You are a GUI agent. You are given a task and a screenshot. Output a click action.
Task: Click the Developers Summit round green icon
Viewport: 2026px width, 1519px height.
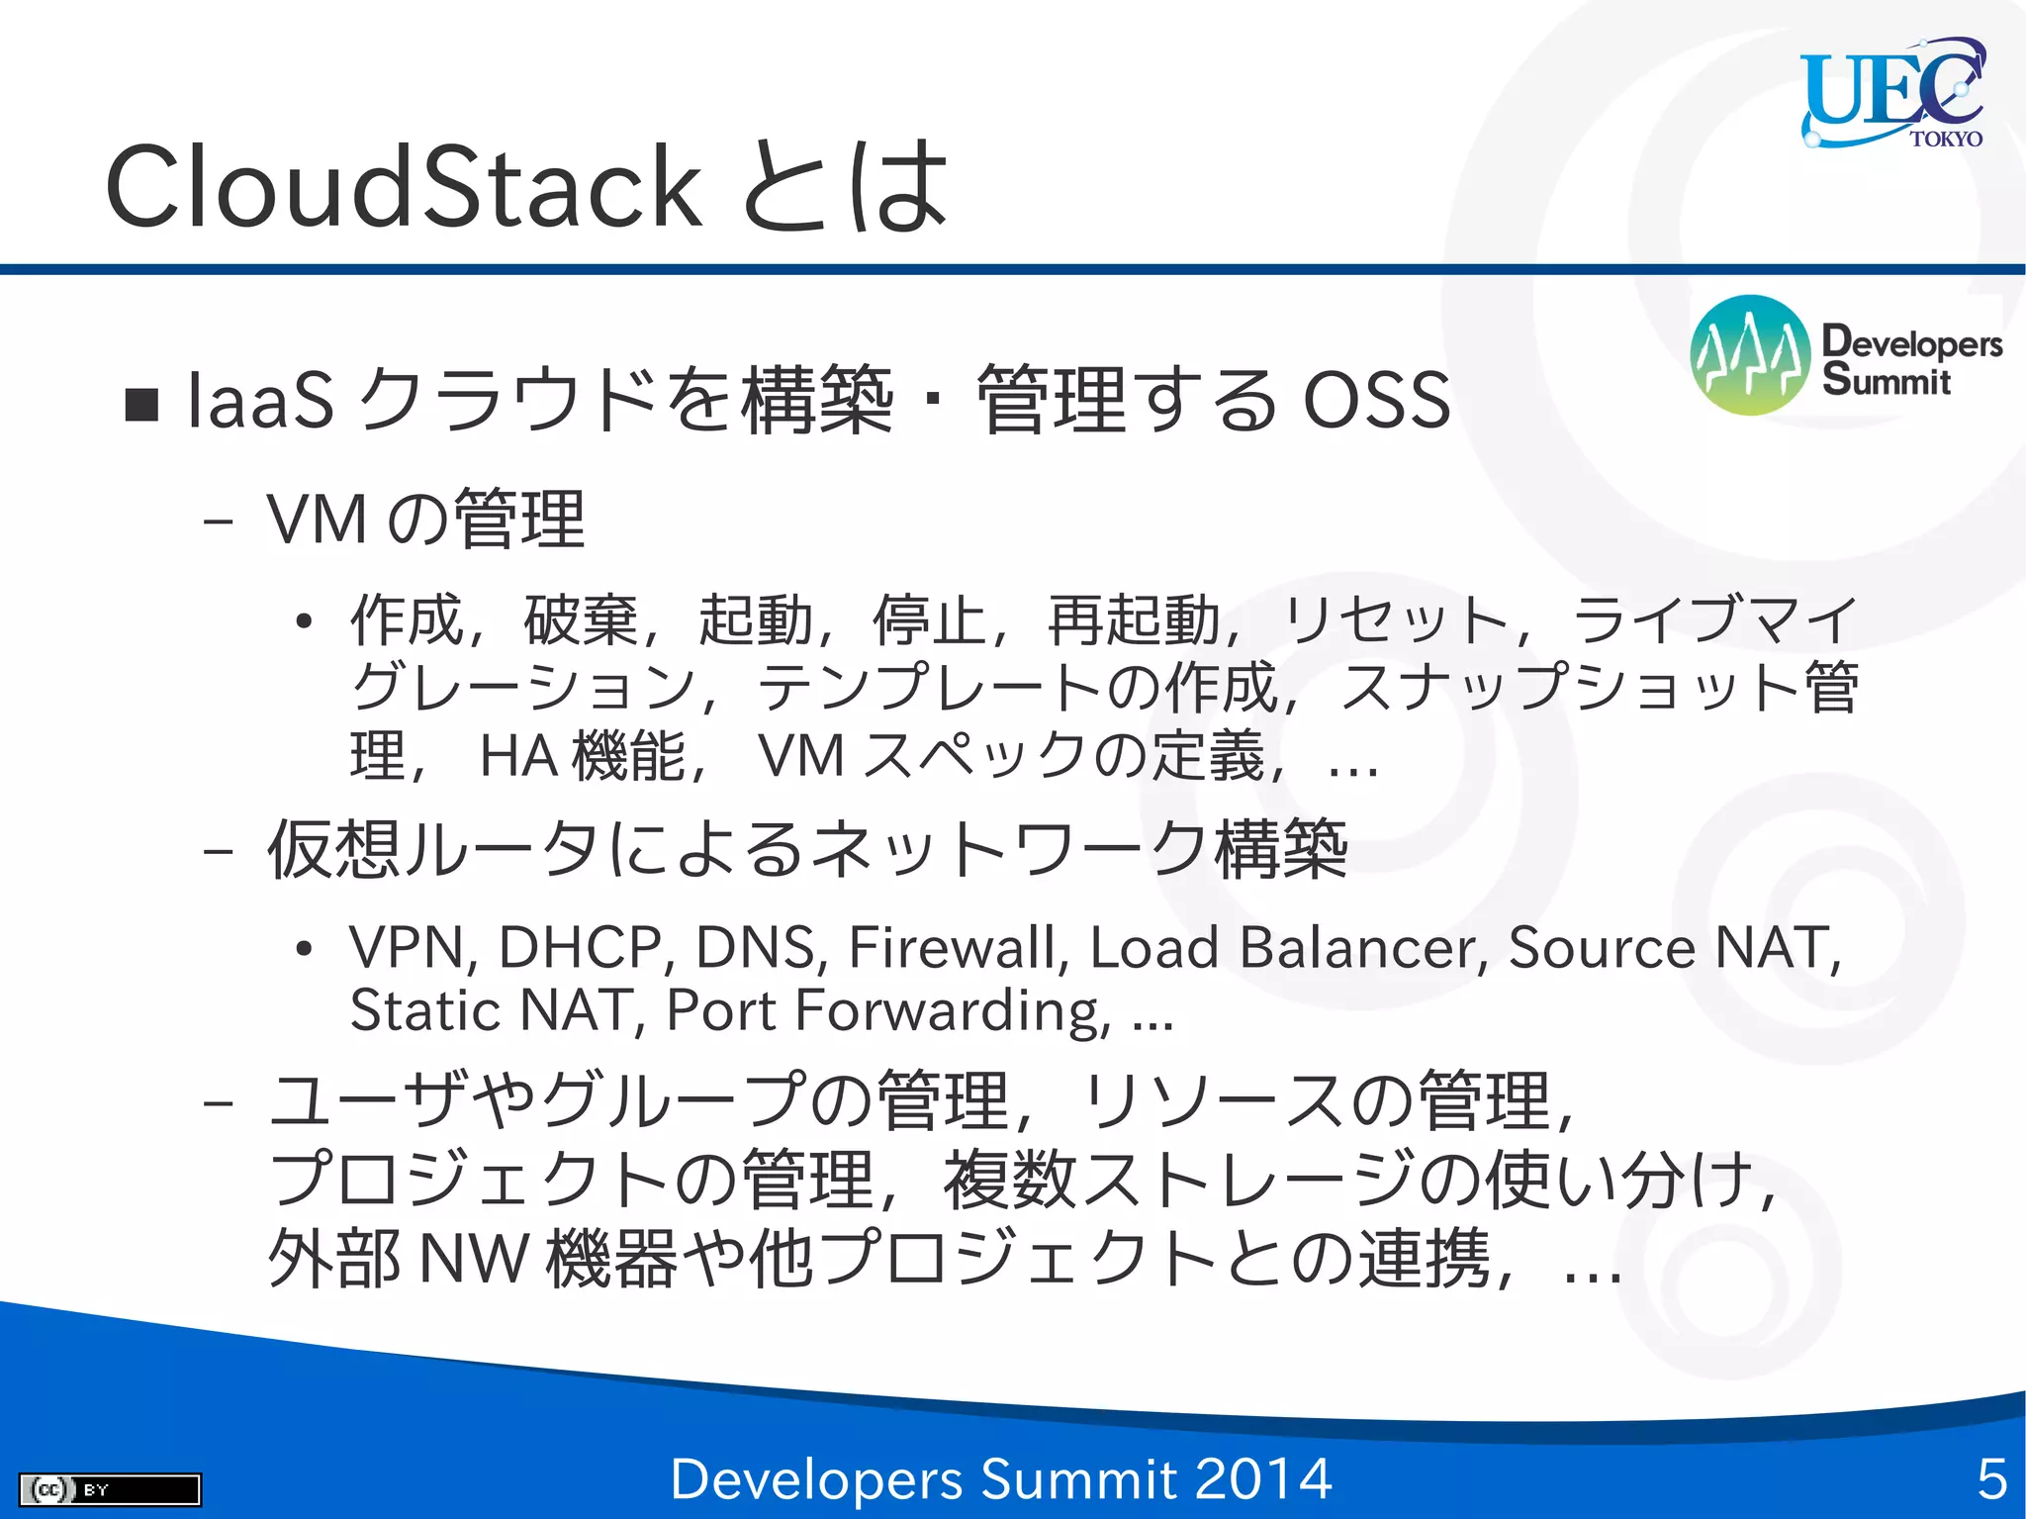tap(1750, 355)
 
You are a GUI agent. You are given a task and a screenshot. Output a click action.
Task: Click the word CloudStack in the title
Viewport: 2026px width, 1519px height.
tap(404, 186)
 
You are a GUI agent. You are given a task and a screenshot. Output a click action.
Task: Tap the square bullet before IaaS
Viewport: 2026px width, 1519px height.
tap(142, 404)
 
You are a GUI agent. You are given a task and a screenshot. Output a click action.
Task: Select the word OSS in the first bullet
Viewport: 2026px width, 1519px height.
tap(1376, 400)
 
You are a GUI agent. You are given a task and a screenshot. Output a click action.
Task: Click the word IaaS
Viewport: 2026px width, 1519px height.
tap(260, 400)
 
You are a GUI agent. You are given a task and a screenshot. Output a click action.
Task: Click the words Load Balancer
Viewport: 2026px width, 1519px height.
tap(1288, 947)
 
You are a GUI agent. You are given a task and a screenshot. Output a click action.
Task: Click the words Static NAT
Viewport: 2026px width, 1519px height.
tap(491, 1010)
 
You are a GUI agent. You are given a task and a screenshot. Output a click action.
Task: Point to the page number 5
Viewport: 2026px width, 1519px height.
tap(1990, 1478)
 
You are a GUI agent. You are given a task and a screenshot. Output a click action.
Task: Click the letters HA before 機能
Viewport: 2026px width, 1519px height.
tap(519, 757)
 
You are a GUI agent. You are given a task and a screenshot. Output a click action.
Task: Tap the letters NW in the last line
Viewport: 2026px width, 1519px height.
tap(474, 1259)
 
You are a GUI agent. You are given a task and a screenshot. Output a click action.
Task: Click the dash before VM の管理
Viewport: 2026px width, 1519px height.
tap(218, 521)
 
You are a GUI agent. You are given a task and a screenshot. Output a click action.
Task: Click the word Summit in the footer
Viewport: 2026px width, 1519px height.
tap(1077, 1478)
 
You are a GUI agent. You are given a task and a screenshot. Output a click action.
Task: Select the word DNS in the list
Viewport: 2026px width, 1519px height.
tap(761, 947)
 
